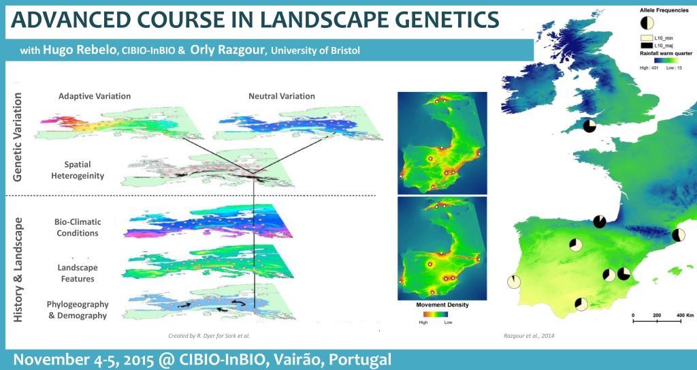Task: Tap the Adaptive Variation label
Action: pyautogui.click(x=95, y=96)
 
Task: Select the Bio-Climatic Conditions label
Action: pyautogui.click(x=76, y=228)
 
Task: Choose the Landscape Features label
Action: pyautogui.click(x=76, y=273)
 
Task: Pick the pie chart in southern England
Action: pyautogui.click(x=589, y=125)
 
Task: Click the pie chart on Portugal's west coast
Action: pyautogui.click(x=513, y=281)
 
